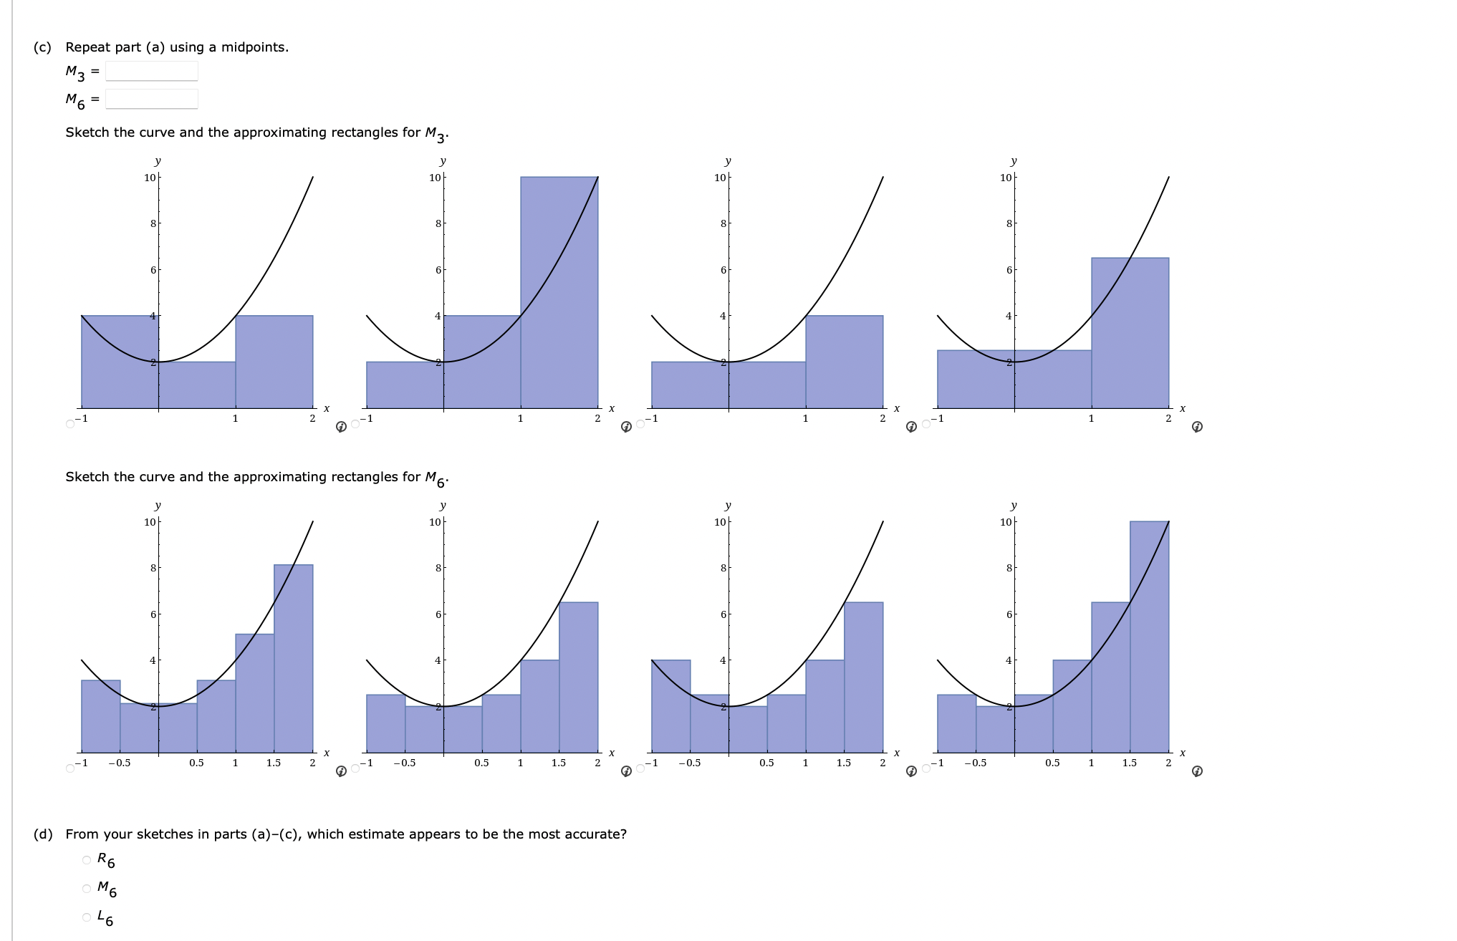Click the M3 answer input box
[x=151, y=71]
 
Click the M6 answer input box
[x=151, y=99]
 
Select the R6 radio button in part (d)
[x=87, y=859]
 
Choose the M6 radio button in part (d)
[x=87, y=889]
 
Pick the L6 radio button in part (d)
[x=87, y=917]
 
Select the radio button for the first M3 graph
[x=70, y=424]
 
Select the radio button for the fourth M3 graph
[x=926, y=424]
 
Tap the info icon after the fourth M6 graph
[x=1196, y=771]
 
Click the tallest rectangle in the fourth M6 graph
[x=1149, y=637]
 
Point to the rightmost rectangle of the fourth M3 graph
[x=1130, y=333]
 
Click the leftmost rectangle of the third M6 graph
[x=670, y=705]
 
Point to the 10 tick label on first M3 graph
[x=150, y=178]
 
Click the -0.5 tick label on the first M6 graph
[x=120, y=763]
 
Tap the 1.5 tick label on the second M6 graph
[x=559, y=763]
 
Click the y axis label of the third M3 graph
[x=728, y=161]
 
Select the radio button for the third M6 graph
[x=641, y=768]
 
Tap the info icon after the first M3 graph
[x=342, y=427]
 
